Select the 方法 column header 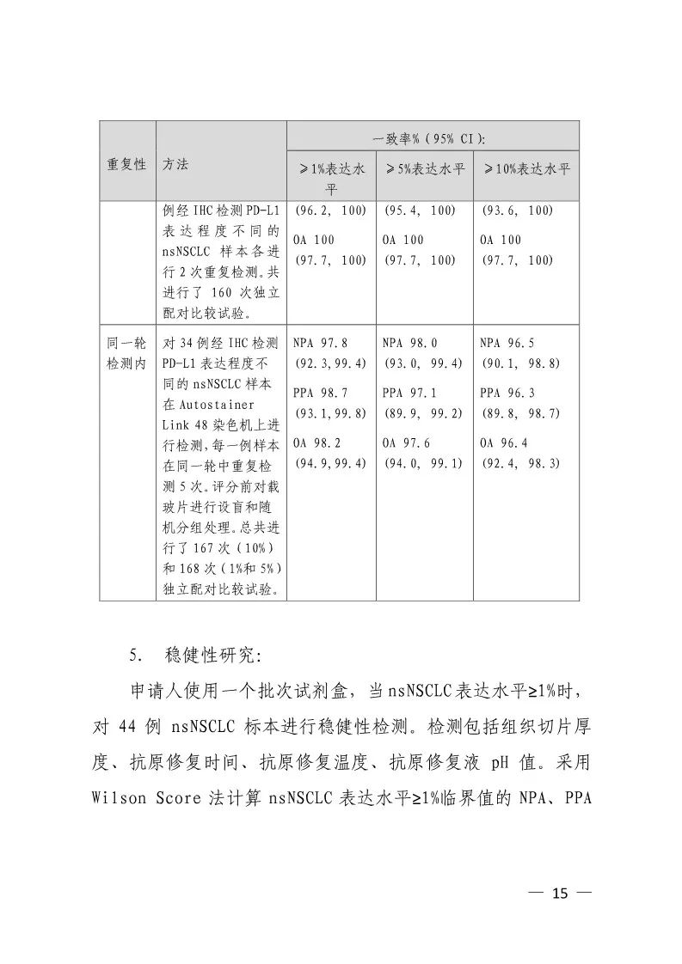pyautogui.click(x=175, y=163)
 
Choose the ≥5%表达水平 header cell pyautogui.click(x=424, y=168)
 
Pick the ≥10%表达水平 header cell pyautogui.click(x=526, y=168)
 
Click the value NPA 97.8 pyautogui.click(x=320, y=342)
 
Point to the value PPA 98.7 pyautogui.click(x=320, y=393)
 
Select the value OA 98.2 pyautogui.click(x=316, y=442)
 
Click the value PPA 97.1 pyautogui.click(x=409, y=393)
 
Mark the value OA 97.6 pyautogui.click(x=406, y=442)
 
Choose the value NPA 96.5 pyautogui.click(x=507, y=342)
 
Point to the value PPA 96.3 pyautogui.click(x=507, y=393)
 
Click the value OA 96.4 pyautogui.click(x=504, y=442)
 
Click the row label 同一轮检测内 pyautogui.click(x=126, y=353)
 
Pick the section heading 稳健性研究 pyautogui.click(x=210, y=656)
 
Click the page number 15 pyautogui.click(x=560, y=894)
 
